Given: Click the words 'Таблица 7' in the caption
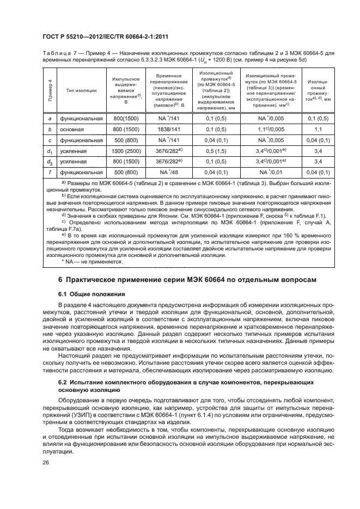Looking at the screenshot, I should [x=60, y=53].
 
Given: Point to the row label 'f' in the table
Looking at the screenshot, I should [x=50, y=172].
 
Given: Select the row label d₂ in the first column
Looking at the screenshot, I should [x=50, y=161].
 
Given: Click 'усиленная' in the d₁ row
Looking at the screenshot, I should [x=74, y=151].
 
